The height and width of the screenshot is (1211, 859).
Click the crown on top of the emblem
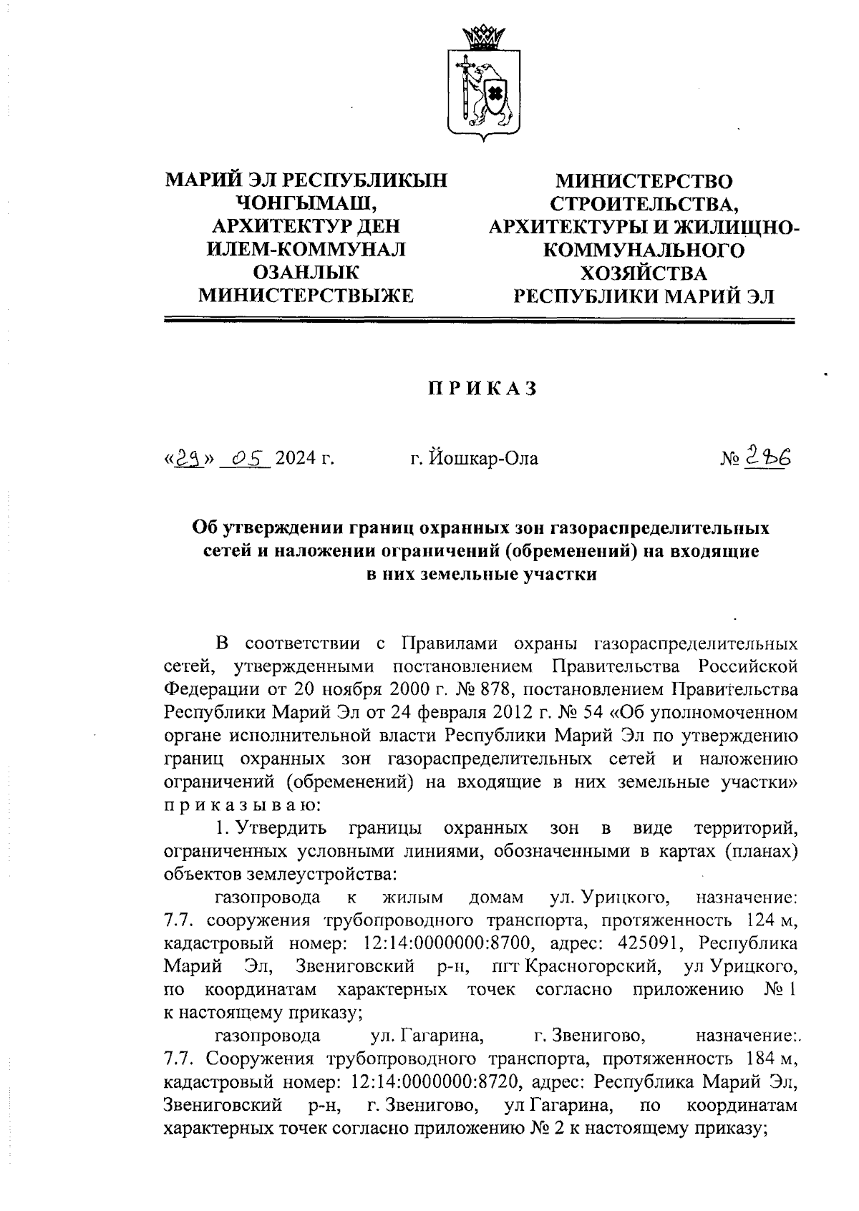click(x=483, y=34)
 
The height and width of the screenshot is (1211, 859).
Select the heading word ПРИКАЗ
click(x=482, y=389)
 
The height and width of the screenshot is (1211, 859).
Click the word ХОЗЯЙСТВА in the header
click(x=643, y=273)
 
